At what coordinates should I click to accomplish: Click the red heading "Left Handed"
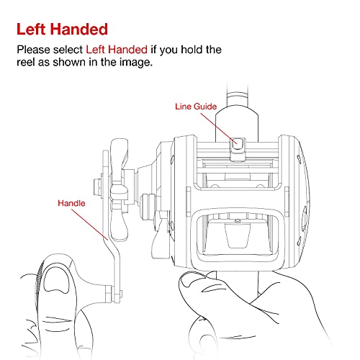62,30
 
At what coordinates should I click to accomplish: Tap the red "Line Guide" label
196,107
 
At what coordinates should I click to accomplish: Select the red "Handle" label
71,203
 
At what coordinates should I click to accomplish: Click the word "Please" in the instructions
34,50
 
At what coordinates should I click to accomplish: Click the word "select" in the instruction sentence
68,50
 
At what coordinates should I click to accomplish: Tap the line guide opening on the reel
238,144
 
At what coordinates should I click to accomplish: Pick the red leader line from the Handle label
90,225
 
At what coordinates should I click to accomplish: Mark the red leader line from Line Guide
219,128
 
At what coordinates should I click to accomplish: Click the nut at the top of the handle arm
98,187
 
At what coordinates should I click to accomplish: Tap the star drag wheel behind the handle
119,189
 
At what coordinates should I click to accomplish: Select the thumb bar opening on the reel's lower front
238,235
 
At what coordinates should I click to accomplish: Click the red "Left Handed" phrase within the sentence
117,50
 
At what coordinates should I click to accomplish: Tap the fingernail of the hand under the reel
192,279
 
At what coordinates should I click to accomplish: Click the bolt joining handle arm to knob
113,294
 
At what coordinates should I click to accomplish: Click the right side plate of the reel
294,202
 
